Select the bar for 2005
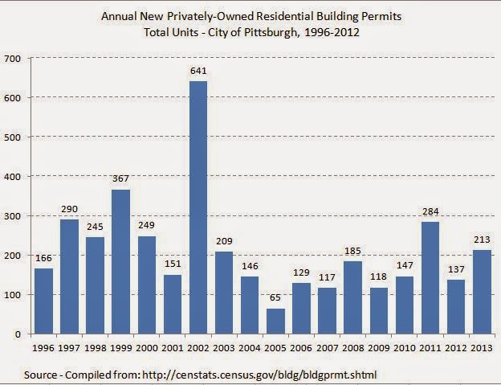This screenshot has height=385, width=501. [276, 321]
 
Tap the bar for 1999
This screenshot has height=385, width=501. [120, 261]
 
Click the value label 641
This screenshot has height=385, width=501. [198, 70]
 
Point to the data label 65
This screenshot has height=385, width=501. [276, 297]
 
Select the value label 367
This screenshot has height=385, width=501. [120, 178]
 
